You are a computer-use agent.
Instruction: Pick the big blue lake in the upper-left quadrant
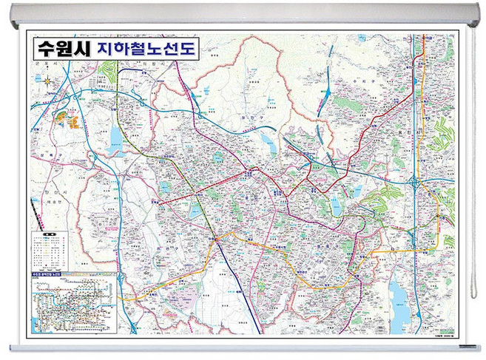pos(115,148)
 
